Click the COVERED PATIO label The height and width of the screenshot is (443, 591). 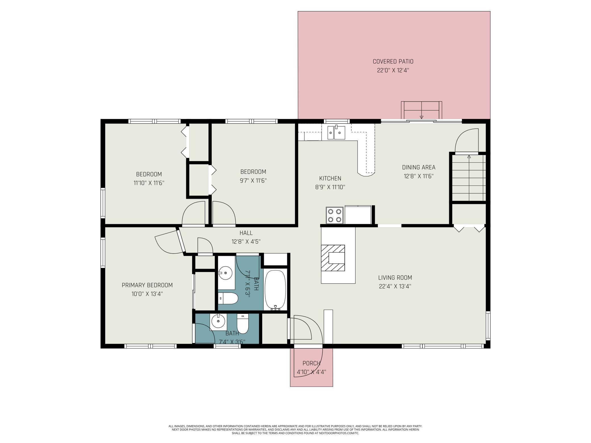[393, 61]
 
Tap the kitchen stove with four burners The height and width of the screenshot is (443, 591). [335, 215]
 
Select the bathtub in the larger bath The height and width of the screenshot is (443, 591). [275, 290]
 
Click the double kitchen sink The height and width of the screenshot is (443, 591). [336, 133]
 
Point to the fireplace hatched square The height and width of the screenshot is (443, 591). [333, 258]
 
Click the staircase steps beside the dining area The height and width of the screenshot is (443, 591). [469, 178]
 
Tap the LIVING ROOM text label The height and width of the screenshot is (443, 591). [395, 277]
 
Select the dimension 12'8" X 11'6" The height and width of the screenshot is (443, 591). [419, 176]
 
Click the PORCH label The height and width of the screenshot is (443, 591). [311, 363]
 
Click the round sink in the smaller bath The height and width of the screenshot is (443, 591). [218, 321]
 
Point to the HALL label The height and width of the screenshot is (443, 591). [246, 233]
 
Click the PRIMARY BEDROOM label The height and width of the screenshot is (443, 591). [147, 285]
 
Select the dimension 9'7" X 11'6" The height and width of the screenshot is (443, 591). [253, 181]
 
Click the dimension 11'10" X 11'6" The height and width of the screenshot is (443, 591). [149, 183]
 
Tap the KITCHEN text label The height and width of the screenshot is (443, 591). [330, 178]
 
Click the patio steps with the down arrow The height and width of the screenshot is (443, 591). [422, 110]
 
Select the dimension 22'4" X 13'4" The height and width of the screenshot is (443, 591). [395, 286]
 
